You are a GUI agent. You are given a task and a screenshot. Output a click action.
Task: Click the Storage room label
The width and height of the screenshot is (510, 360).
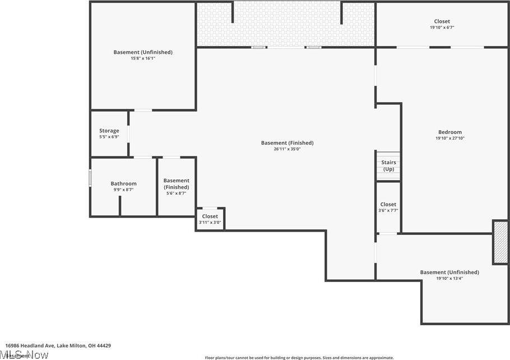pos(109,131)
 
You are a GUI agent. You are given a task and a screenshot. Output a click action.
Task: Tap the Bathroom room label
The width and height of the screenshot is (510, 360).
pos(123,183)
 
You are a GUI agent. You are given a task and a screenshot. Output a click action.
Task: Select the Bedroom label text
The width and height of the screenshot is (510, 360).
pos(449,132)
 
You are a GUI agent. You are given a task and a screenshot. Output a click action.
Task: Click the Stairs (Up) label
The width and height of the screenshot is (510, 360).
pos(388,165)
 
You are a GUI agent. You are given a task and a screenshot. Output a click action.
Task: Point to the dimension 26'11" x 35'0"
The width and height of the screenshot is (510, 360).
pos(287,149)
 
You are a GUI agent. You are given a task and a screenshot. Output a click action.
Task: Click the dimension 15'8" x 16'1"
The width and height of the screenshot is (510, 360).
pos(143,58)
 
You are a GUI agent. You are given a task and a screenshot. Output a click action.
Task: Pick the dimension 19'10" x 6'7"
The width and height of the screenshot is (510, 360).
pos(442,27)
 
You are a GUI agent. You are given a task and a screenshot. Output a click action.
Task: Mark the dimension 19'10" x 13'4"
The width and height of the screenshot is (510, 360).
pos(449,278)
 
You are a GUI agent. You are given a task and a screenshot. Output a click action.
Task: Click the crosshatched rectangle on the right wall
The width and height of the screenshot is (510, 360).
pos(500,242)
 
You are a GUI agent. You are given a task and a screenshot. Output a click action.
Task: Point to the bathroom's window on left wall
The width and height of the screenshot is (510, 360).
pos(90,178)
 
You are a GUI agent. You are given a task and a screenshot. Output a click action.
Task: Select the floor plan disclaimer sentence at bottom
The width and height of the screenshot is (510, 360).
pos(299,357)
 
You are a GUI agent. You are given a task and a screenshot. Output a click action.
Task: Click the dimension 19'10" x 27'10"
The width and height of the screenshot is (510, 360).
pos(449,139)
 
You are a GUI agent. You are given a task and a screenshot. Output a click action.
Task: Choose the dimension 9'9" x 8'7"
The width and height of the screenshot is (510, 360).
pos(123,190)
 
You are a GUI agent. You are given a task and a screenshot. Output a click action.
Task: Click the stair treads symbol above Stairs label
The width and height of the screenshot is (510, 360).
pos(388,155)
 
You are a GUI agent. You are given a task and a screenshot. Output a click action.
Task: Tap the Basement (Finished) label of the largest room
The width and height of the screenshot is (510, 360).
pos(287,143)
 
